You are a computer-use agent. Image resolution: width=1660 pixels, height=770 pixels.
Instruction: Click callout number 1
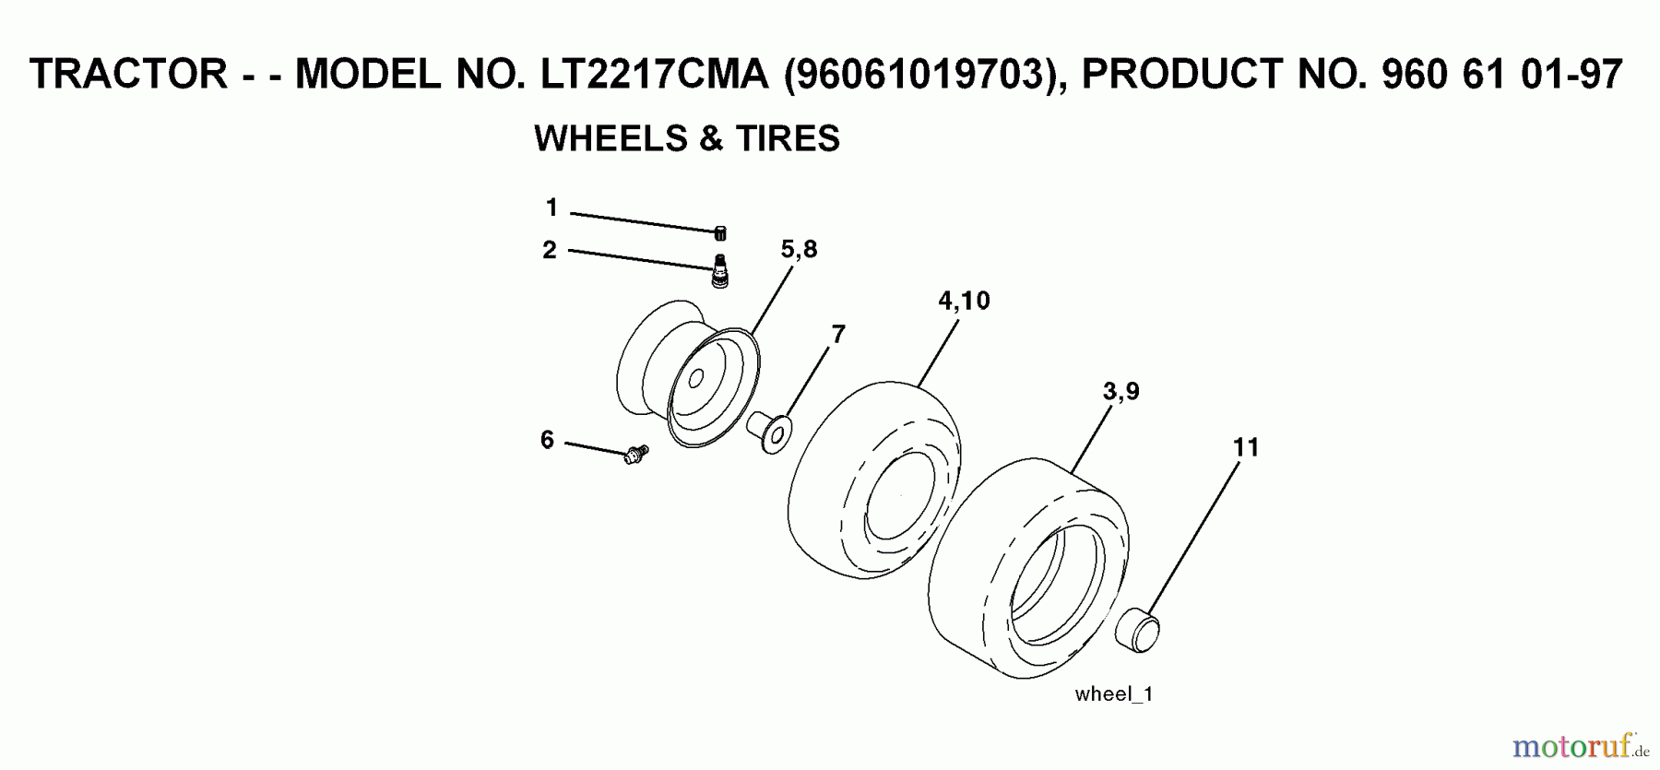tap(551, 208)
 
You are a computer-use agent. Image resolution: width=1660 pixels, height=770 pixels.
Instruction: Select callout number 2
tap(550, 250)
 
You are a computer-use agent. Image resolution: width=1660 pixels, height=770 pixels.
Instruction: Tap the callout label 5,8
tap(799, 249)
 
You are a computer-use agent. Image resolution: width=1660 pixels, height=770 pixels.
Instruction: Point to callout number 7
tap(837, 335)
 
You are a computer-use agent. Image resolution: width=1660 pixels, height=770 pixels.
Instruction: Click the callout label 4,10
tap(964, 301)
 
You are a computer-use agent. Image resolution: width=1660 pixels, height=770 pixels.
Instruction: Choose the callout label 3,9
tap(1120, 392)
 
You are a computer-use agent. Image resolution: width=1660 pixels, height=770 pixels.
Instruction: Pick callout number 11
tap(1246, 447)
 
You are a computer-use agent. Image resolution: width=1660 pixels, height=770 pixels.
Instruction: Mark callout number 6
tap(547, 440)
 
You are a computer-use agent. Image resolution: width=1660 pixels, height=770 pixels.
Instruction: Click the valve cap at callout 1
tap(721, 232)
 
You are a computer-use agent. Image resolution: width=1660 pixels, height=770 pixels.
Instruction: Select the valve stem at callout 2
tap(720, 272)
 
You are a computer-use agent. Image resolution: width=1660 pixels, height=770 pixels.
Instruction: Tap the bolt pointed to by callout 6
tap(635, 454)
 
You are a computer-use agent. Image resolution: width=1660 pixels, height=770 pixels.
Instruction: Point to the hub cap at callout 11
tap(1138, 629)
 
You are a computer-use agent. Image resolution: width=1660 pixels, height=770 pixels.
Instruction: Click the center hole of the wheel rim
tap(696, 378)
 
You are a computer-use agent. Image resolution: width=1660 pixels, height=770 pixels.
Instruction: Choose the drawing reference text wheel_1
tap(1114, 694)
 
